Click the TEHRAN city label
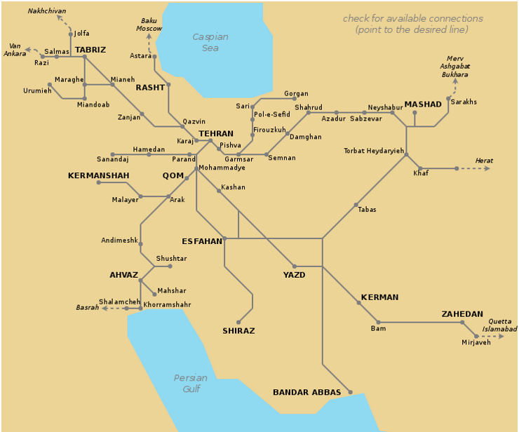pos(215,133)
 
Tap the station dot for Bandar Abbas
pos(350,392)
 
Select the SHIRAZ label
pos(238,330)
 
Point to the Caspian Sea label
pos(210,42)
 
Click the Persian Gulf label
pos(191,383)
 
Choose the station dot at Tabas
pos(356,204)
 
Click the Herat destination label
pos(484,161)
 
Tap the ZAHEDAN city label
pos(461,314)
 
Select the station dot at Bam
pos(378,323)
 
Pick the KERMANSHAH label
pos(98,175)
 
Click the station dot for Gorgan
pos(295,99)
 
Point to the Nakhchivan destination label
pos(47,11)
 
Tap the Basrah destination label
pos(87,308)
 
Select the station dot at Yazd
pos(295,266)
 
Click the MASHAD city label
pos(423,104)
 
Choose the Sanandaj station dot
pos(113,154)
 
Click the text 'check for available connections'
pos(412,19)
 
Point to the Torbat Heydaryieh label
pos(374,151)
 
